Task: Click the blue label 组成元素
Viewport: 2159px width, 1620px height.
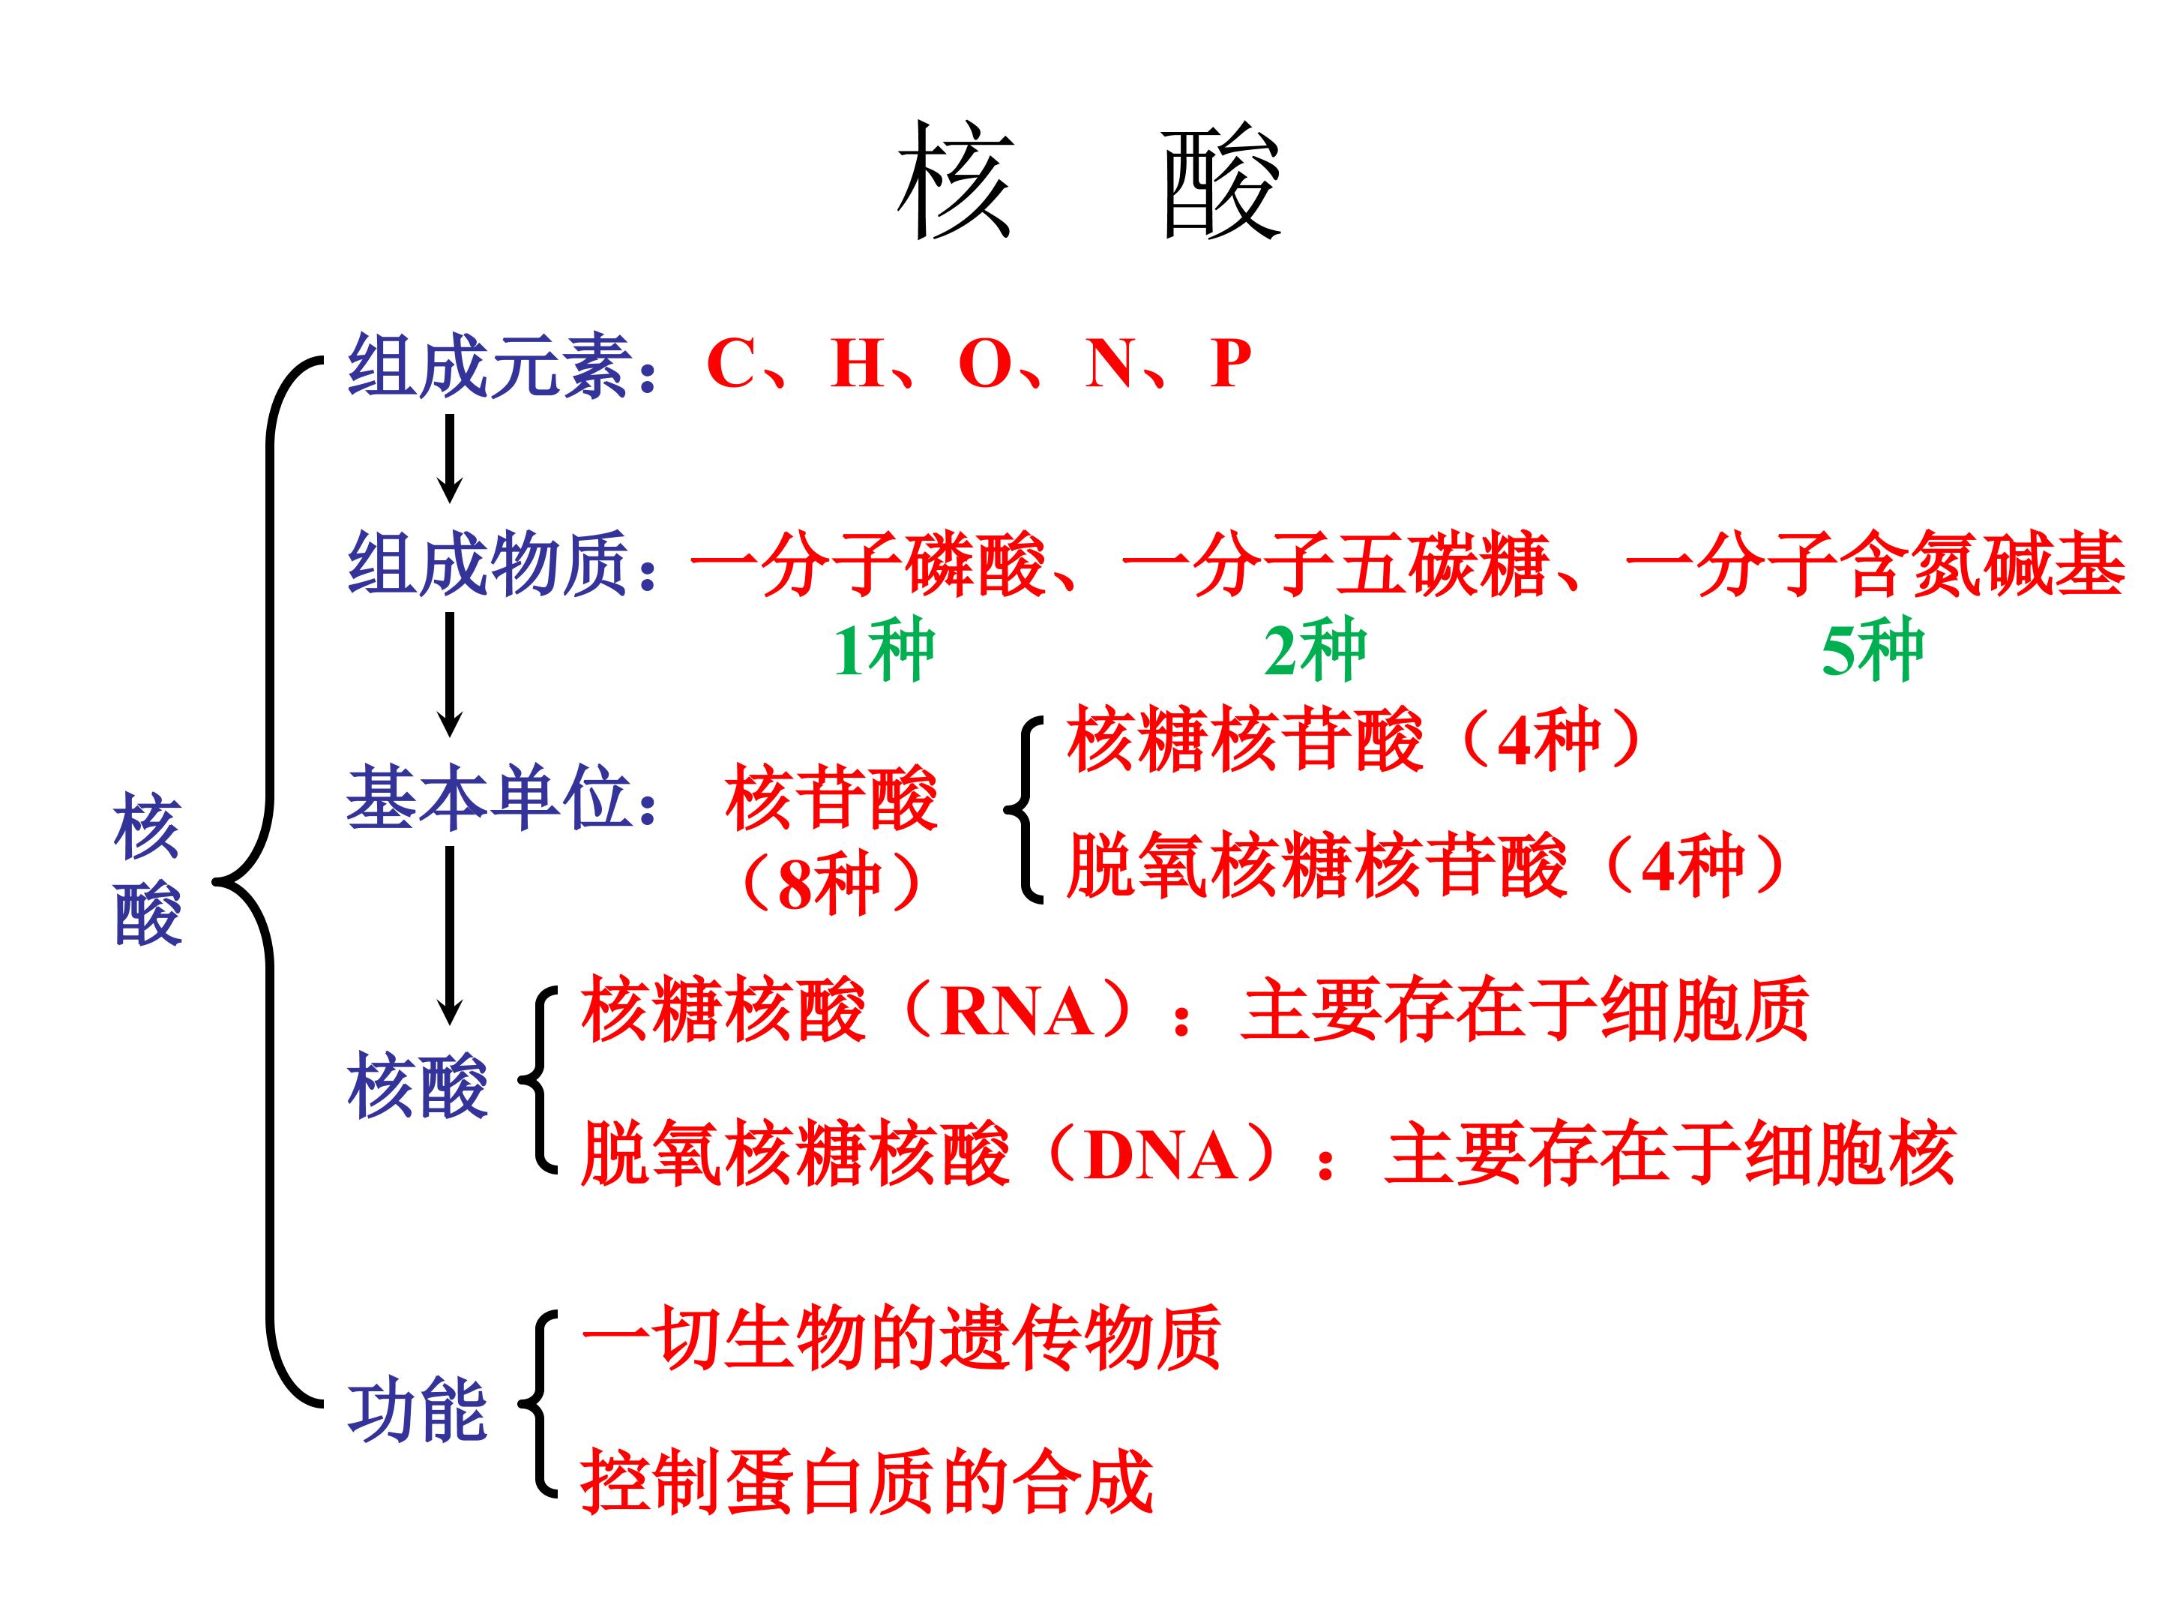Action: (x=487, y=365)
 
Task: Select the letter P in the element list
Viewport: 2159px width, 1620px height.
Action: (x=1230, y=364)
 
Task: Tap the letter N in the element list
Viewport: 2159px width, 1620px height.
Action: (x=1111, y=364)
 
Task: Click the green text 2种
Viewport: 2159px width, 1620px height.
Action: (x=1315, y=651)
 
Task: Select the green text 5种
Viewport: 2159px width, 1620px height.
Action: (x=1872, y=651)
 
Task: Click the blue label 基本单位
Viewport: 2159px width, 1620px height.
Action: (x=487, y=798)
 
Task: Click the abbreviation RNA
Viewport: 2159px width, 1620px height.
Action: (x=1017, y=1011)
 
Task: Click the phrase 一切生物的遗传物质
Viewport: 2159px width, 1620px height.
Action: (x=900, y=1338)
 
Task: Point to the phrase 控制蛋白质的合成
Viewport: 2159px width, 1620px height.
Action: (x=867, y=1482)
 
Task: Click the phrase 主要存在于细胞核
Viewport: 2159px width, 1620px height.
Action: (x=1670, y=1155)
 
